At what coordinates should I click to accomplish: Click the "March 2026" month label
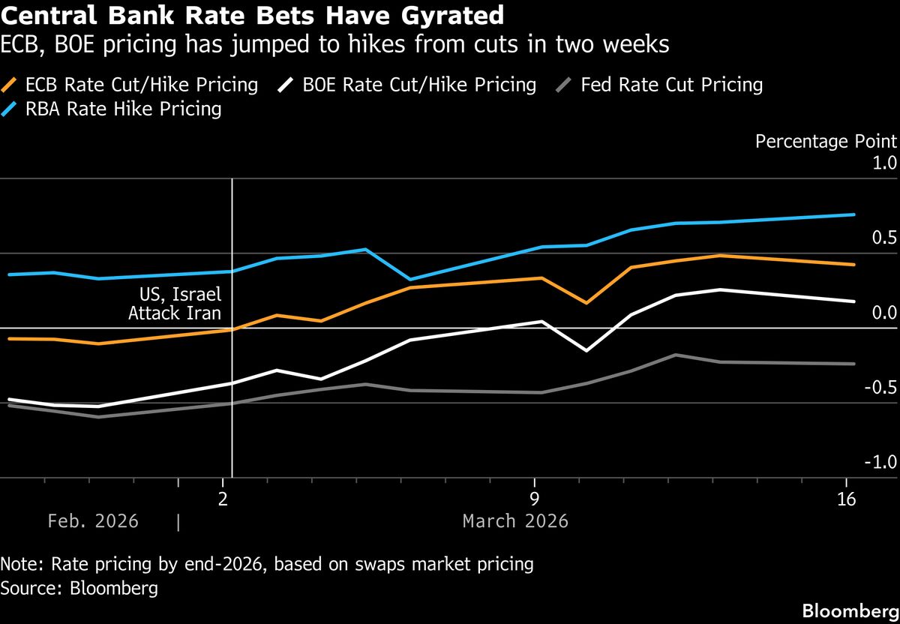515,520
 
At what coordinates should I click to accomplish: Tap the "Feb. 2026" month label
93,520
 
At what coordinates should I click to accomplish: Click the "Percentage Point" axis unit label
826,142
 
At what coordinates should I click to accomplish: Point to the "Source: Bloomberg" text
79,588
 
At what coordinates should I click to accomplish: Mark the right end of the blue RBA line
854,214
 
